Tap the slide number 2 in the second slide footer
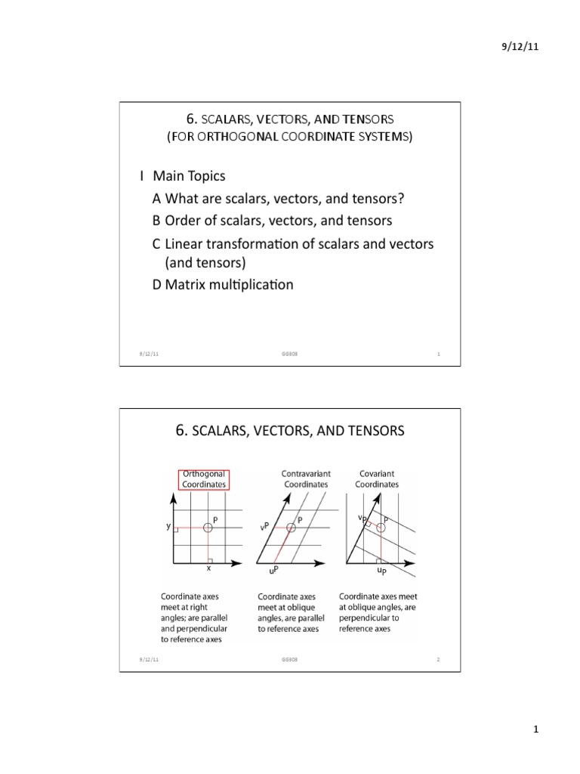coord(438,660)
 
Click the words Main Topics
coord(189,176)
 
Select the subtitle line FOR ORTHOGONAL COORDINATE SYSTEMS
coord(290,138)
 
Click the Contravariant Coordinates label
coord(306,478)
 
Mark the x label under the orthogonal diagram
coord(208,569)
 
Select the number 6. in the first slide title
coord(190,119)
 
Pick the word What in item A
coord(180,199)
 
